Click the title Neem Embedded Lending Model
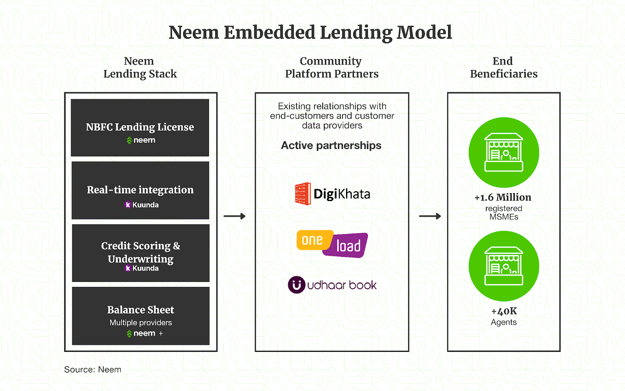point(310,32)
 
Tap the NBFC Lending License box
point(140,127)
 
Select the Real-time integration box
point(140,190)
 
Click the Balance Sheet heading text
point(141,310)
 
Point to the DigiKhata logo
point(332,194)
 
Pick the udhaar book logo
point(332,285)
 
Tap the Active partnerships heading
point(331,145)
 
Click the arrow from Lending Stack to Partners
point(234,216)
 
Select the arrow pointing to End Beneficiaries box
point(430,216)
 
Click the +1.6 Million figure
point(503,197)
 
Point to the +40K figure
point(504,311)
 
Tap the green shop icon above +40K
point(504,266)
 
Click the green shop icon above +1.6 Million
point(504,152)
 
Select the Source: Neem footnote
point(93,369)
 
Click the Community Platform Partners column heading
point(332,67)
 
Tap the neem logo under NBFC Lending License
point(141,140)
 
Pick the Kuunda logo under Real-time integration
point(141,204)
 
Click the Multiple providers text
point(141,323)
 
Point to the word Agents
point(504,322)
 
